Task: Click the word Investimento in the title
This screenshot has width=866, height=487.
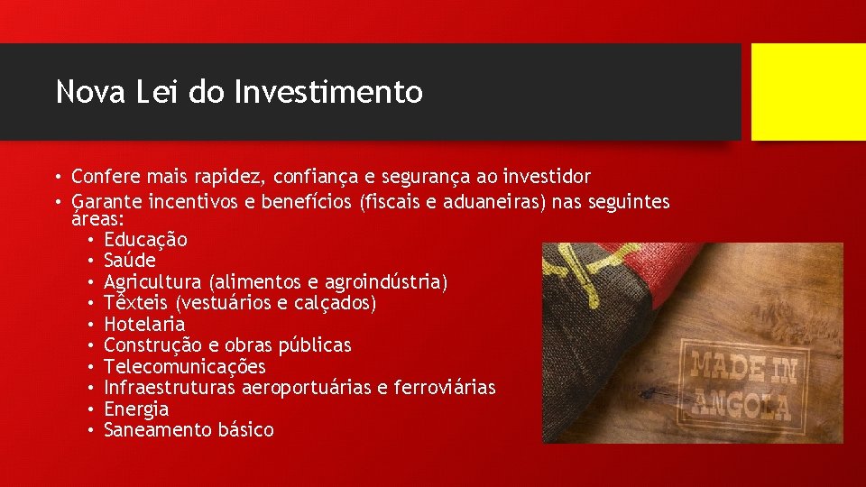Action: pyautogui.click(x=327, y=92)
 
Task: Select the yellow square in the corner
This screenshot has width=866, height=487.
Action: pyautogui.click(x=808, y=92)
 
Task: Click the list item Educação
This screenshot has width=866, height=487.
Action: pyautogui.click(x=145, y=240)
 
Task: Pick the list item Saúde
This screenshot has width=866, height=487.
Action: pyautogui.click(x=130, y=261)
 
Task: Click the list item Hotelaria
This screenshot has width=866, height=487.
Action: pyautogui.click(x=144, y=324)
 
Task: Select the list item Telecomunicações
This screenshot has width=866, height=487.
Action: pyautogui.click(x=185, y=367)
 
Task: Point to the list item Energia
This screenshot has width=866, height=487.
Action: pyautogui.click(x=136, y=409)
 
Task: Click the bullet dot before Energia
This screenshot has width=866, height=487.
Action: pyautogui.click(x=93, y=409)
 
